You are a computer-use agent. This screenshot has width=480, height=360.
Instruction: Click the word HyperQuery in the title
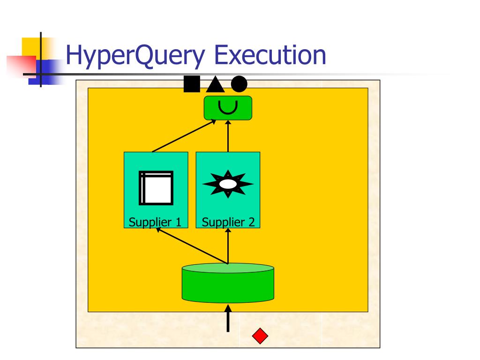[x=135, y=55]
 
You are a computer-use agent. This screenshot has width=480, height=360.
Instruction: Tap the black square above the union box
[x=192, y=84]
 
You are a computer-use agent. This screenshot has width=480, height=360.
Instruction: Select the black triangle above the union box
[x=215, y=85]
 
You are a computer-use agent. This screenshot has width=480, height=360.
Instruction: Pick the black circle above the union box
[x=239, y=84]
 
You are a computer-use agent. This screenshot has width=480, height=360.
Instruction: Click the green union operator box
[x=228, y=108]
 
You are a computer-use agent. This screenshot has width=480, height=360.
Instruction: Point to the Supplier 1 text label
[x=155, y=222]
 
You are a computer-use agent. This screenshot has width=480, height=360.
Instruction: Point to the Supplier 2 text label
[x=228, y=222]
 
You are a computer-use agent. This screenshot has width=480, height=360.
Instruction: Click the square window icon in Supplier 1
[x=156, y=188]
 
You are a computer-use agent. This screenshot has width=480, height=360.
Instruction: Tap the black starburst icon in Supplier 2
[x=228, y=184]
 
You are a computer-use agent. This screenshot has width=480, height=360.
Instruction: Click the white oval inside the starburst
[x=228, y=184]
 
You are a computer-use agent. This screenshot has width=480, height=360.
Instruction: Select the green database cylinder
[x=228, y=283]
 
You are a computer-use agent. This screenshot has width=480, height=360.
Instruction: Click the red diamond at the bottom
[x=260, y=336]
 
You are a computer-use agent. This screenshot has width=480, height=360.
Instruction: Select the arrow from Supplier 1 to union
[x=184, y=136]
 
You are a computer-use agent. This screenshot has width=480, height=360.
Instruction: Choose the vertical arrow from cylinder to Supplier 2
[x=228, y=247]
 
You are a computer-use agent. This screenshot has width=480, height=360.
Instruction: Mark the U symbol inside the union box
[x=228, y=107]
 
